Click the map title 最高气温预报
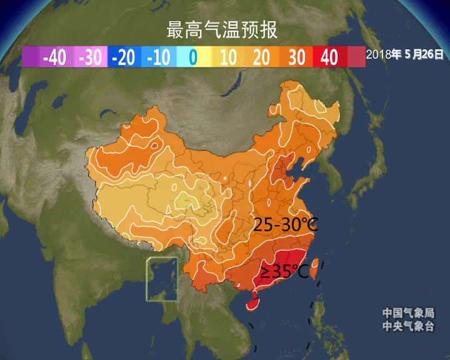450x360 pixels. pyautogui.click(x=222, y=29)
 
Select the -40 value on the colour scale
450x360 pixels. pyautogui.click(x=55, y=57)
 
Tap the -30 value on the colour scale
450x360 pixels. pyautogui.click(x=90, y=57)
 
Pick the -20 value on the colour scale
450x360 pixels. pyautogui.click(x=124, y=57)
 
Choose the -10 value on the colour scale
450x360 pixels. pyautogui.click(x=159, y=57)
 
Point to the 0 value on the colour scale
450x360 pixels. pyautogui.click(x=192, y=57)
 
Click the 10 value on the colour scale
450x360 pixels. pyautogui.click(x=228, y=57)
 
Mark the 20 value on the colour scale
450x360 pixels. pyautogui.click(x=262, y=57)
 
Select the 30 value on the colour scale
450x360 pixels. pyautogui.click(x=296, y=57)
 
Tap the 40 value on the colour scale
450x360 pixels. pyautogui.click(x=329, y=57)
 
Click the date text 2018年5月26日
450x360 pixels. pyautogui.click(x=405, y=55)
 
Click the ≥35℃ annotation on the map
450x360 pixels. pyautogui.click(x=284, y=271)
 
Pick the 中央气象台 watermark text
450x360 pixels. pyautogui.click(x=408, y=326)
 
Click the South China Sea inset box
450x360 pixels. pyautogui.click(x=162, y=279)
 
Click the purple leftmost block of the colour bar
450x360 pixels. pyautogui.click(x=31, y=57)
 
